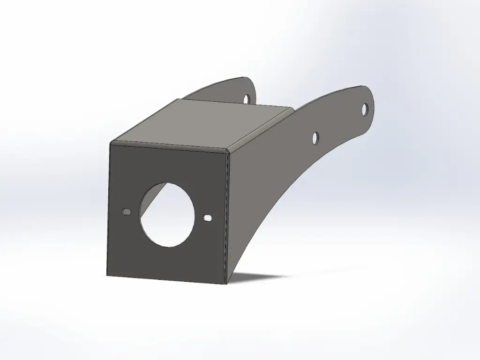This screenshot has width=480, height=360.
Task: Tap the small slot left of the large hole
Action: click(126, 212)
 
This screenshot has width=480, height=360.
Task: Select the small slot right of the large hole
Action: click(208, 218)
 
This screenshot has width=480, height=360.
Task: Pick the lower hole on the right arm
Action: click(316, 138)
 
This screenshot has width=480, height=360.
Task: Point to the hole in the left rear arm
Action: click(247, 98)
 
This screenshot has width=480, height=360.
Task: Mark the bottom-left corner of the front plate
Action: click(107, 275)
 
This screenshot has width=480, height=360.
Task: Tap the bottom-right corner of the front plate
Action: click(225, 284)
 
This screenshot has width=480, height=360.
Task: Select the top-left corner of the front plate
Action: click(110, 142)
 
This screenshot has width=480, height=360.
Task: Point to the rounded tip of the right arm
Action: click(373, 97)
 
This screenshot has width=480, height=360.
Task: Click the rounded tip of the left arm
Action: click(253, 82)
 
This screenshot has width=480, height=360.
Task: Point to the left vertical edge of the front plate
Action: click(108, 211)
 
